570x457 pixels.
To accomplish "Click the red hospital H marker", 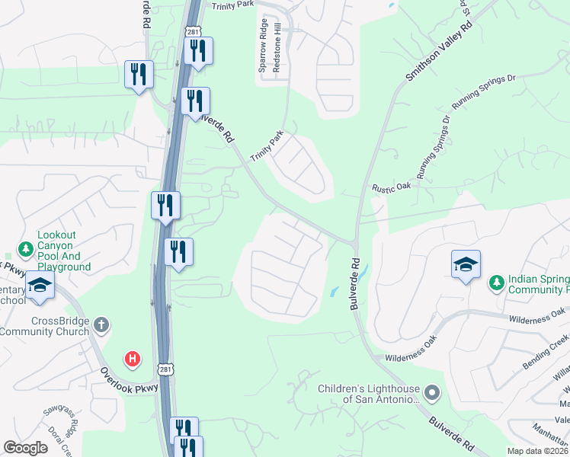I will point(133,358).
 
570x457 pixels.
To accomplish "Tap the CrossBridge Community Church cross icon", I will point(101,326).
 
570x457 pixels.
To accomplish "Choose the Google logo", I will point(25,448).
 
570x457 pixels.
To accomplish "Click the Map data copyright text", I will point(537,451).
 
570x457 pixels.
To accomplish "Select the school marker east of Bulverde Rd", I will point(466,265).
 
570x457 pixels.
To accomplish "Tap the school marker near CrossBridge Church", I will point(39,286).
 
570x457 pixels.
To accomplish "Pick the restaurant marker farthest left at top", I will point(139,75).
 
